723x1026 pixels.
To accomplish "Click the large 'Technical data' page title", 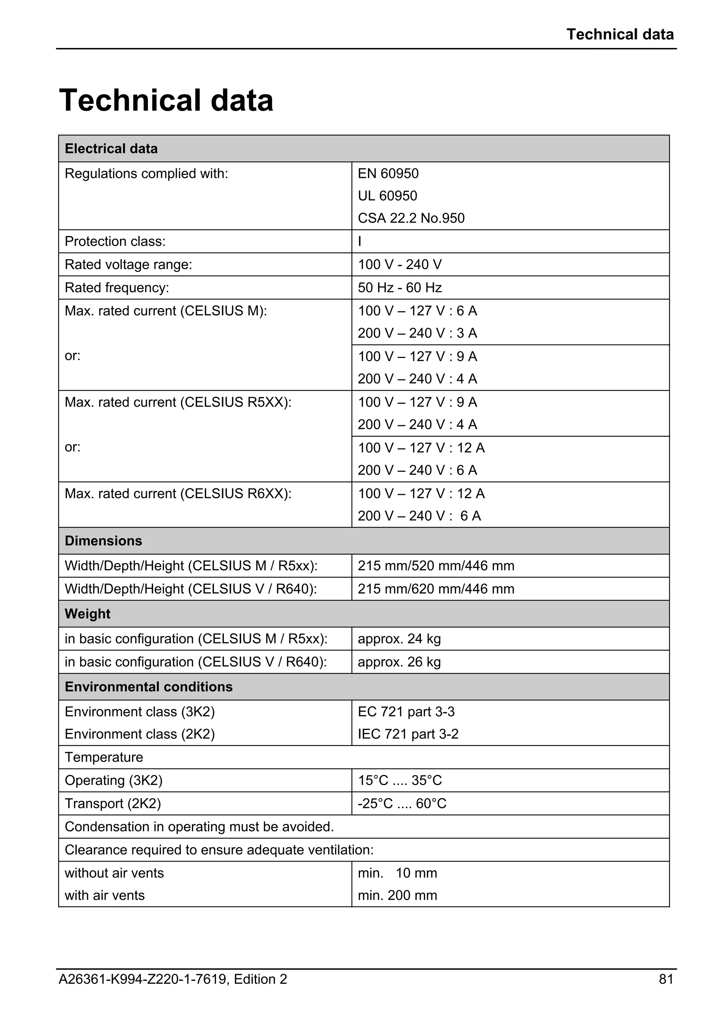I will (166, 100).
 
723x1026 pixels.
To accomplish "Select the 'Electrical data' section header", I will (111, 149).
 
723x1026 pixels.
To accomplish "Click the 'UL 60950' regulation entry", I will (387, 196).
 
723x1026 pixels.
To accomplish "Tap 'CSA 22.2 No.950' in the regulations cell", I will (411, 218).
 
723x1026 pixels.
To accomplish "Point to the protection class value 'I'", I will (360, 241).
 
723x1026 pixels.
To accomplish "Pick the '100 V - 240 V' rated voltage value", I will (400, 265).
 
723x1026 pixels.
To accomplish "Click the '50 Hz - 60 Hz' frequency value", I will (400, 288).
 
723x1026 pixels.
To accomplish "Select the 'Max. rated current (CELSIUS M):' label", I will (166, 311).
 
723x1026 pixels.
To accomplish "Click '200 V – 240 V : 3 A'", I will (417, 334).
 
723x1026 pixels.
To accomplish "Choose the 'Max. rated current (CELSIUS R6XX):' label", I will (178, 494).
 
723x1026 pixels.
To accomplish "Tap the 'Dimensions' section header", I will (103, 541).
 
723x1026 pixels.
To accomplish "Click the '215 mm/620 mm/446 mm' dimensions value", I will (436, 589).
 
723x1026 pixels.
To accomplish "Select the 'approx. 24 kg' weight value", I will (399, 639).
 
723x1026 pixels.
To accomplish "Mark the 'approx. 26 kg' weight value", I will (399, 662).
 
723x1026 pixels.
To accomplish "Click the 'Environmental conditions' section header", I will (148, 687).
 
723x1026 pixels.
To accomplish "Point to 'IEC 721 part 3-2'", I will (408, 734).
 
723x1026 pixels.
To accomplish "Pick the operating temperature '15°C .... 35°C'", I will (400, 781).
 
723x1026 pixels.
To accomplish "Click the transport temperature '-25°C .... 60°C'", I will (402, 804).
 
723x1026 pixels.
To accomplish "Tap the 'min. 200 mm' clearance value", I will (397, 895).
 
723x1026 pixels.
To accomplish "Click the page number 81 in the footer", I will (666, 979).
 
